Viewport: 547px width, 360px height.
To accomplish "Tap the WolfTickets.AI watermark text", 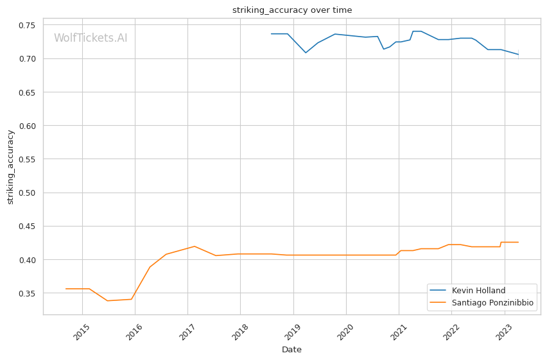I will [91, 39].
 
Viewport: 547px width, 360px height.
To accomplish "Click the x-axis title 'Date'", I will [291, 350].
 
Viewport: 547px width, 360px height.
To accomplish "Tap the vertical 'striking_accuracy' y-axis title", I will [10, 167].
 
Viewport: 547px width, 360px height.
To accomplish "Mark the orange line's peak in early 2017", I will [194, 246].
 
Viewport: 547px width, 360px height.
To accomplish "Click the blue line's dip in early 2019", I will [306, 53].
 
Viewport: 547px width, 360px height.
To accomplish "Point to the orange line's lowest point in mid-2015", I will [108, 301].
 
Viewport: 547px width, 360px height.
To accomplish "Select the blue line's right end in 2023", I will [518, 55].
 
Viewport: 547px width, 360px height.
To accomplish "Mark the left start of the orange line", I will [65, 289].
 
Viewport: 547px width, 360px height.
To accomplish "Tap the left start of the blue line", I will [271, 34].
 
